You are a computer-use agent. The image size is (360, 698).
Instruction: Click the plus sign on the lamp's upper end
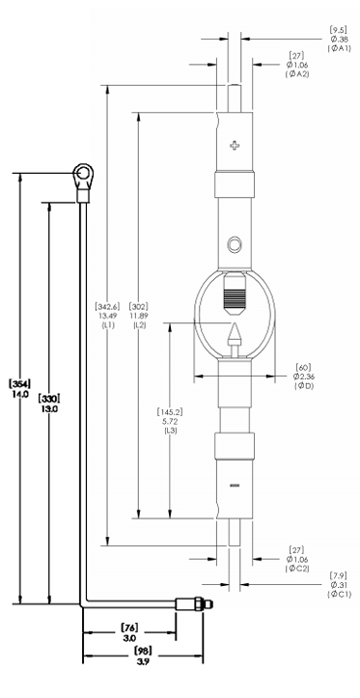(235, 145)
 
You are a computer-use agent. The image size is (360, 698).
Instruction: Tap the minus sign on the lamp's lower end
(235, 485)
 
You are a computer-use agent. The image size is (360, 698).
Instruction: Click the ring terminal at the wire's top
(83, 173)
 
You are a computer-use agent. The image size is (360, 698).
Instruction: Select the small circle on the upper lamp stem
(235, 244)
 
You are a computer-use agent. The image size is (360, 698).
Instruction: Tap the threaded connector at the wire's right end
(194, 604)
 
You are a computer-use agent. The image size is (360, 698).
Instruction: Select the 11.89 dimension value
(138, 316)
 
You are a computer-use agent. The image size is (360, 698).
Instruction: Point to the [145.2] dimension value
(170, 412)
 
